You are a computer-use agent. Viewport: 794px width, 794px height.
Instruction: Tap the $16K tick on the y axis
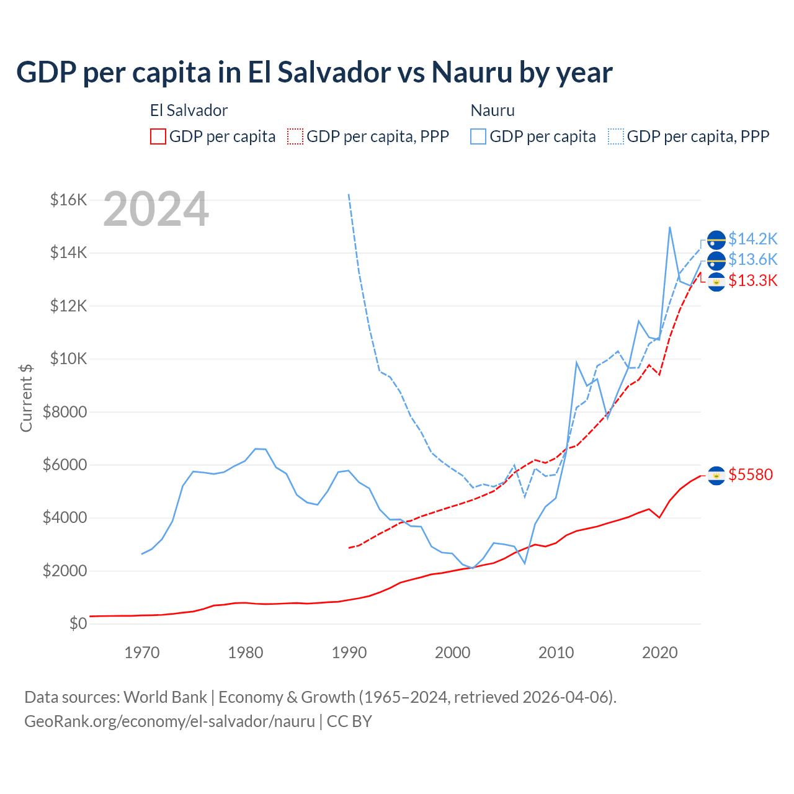click(x=68, y=200)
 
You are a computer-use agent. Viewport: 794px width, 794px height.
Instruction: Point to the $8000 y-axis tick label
click(x=65, y=412)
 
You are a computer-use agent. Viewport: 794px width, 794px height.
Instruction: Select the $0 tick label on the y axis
click(x=78, y=623)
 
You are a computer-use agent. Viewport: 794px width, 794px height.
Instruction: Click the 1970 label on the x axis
click(x=142, y=653)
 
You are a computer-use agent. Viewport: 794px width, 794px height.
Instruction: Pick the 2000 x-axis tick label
click(x=453, y=653)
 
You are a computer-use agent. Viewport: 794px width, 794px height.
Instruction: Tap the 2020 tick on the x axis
click(x=659, y=653)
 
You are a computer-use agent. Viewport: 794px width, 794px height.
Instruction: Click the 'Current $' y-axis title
click(x=26, y=398)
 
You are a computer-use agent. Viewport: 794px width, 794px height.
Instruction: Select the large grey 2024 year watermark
click(x=156, y=210)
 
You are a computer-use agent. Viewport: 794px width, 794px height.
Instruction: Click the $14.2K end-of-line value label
click(x=752, y=239)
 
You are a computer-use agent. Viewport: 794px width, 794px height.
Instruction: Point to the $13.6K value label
click(x=752, y=259)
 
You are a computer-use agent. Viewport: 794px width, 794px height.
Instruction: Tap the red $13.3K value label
click(x=752, y=280)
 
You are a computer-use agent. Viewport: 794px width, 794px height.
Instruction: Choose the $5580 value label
click(x=751, y=475)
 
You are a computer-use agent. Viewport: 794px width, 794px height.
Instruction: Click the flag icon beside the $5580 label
click(x=716, y=475)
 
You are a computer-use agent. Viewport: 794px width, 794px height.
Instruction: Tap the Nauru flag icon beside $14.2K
click(x=716, y=239)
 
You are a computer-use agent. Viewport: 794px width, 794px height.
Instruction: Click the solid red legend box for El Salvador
click(x=158, y=136)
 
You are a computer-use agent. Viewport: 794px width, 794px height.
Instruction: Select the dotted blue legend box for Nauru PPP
click(x=616, y=136)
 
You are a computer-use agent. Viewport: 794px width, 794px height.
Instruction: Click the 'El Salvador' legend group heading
click(x=189, y=110)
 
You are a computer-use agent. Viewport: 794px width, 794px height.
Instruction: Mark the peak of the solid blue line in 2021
click(x=670, y=227)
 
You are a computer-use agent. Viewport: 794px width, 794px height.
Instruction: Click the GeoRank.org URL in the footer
click(x=169, y=721)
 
